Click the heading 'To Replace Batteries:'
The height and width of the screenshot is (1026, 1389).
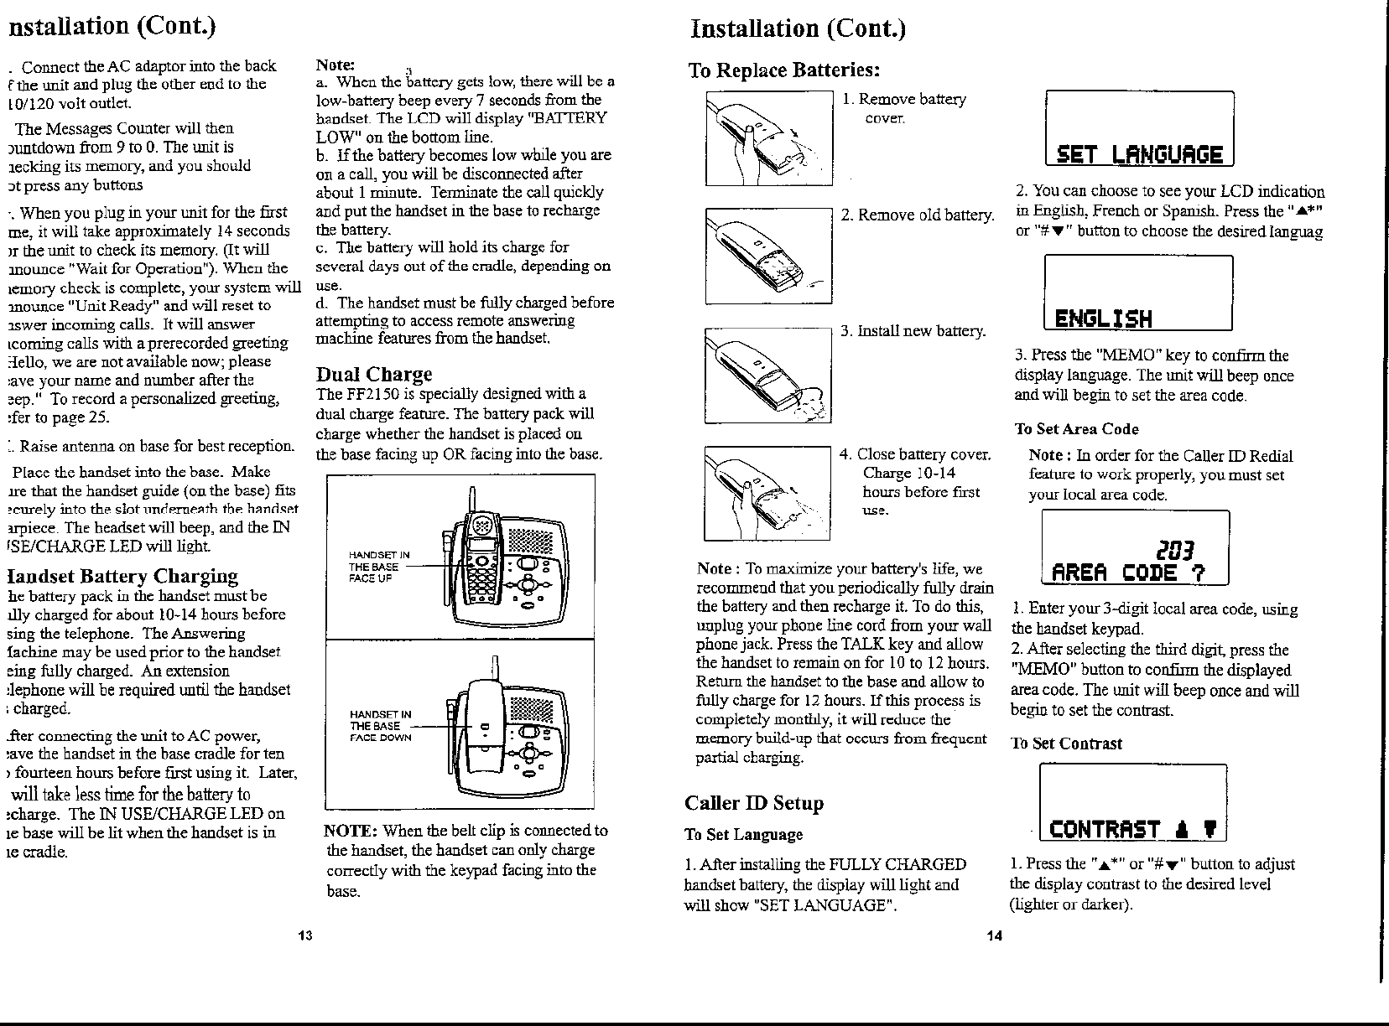point(784,70)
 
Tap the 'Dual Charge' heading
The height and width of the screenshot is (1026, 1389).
point(374,374)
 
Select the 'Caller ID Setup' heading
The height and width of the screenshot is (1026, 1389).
point(754,803)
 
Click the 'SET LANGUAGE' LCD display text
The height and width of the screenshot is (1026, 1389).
point(1139,156)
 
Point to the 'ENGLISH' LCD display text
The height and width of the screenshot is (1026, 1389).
point(1103,319)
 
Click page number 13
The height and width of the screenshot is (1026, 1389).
point(305,935)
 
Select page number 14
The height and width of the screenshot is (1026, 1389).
point(994,935)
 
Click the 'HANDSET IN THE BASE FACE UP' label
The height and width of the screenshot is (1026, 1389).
point(379,567)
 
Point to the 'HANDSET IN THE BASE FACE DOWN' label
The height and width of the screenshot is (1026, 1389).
point(380,726)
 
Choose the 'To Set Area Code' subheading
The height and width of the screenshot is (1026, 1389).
point(1076,429)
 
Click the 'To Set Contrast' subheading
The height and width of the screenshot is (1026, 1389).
point(1066,744)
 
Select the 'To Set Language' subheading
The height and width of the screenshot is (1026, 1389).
point(743,834)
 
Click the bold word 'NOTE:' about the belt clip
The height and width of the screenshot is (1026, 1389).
point(351,831)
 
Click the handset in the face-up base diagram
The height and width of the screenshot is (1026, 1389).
point(482,562)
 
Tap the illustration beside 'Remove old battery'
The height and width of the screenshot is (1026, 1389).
point(767,256)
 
